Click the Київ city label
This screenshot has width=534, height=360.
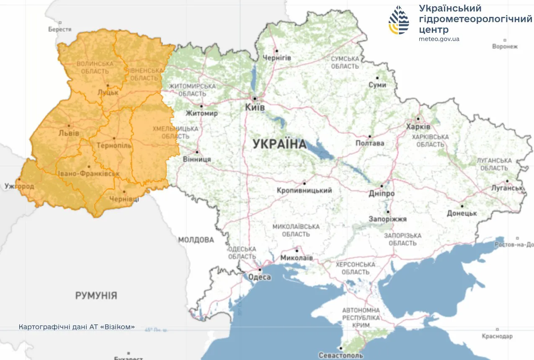click(255, 108)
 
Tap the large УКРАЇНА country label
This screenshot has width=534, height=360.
click(279, 144)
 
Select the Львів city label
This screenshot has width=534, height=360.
click(70, 133)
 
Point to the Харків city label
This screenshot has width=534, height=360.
click(418, 127)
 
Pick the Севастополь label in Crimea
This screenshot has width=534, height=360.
click(341, 355)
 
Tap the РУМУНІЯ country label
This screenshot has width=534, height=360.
click(96, 295)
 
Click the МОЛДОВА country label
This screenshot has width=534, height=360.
click(196, 240)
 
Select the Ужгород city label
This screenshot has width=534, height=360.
click(19, 186)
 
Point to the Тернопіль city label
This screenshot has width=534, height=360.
click(114, 146)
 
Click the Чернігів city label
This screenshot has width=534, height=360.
click(276, 57)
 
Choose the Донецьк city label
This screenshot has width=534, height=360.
click(462, 213)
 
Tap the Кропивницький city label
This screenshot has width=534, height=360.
click(304, 191)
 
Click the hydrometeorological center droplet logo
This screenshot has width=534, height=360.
click(399, 20)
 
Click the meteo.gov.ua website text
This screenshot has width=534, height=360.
click(439, 39)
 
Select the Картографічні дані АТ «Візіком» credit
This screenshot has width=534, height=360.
click(77, 327)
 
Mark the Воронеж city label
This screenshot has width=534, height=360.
click(505, 47)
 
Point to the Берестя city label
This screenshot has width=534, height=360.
click(60, 29)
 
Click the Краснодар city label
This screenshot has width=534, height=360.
click(497, 336)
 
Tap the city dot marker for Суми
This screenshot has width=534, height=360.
click(377, 78)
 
